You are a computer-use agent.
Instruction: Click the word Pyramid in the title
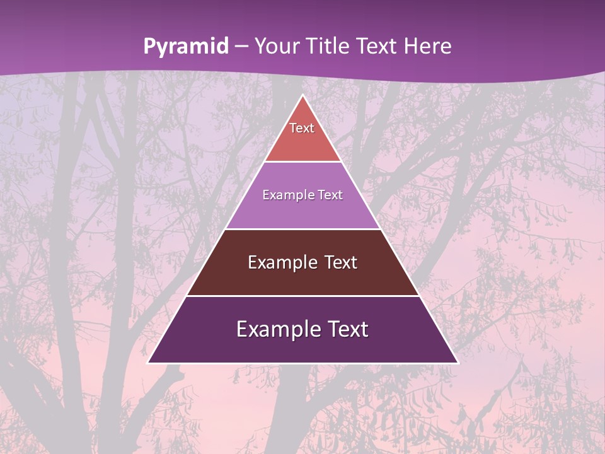coord(186,46)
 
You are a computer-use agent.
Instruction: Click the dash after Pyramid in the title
coord(241,47)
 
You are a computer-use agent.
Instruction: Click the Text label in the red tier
coord(302,128)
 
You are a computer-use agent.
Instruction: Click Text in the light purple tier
coord(331,195)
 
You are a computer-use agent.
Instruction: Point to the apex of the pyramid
coord(302,96)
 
